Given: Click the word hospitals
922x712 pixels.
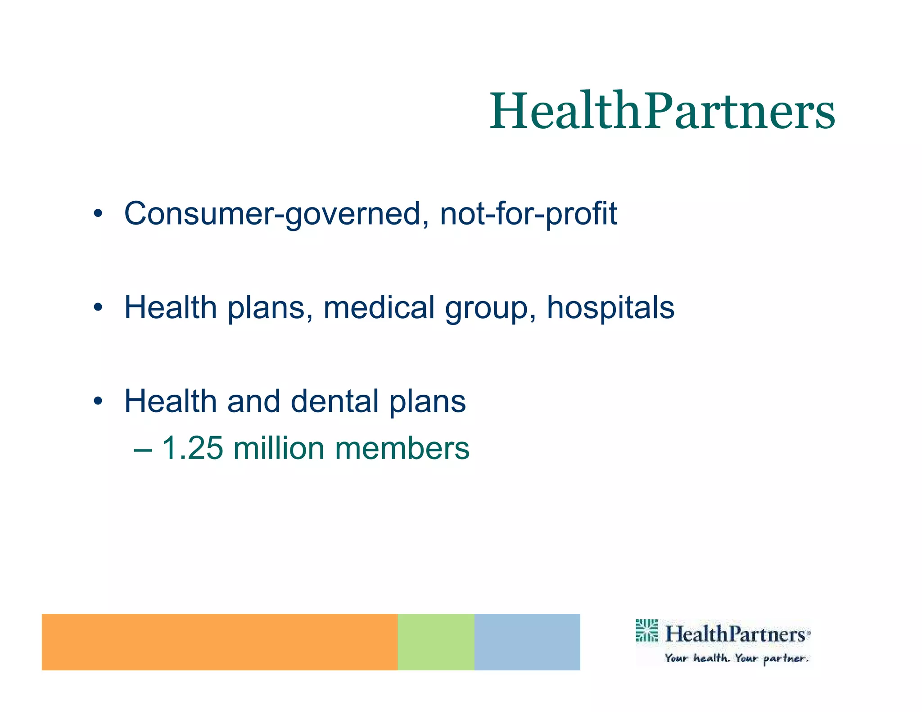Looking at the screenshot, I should (610, 308).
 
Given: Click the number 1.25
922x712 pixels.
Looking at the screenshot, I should (192, 448).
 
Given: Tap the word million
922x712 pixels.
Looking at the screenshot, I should (279, 448).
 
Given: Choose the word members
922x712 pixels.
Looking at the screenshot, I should (402, 449).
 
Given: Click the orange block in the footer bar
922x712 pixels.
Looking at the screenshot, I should (219, 642).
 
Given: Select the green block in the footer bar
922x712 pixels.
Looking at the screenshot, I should (436, 642).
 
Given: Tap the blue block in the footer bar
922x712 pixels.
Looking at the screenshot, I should (527, 642).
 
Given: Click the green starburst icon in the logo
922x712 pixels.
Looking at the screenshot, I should (646, 631).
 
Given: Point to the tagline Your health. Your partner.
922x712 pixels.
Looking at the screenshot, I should (737, 658).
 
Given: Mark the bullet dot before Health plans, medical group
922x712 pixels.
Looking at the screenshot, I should (98, 308).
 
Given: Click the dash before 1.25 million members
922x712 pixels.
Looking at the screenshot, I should (143, 449).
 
